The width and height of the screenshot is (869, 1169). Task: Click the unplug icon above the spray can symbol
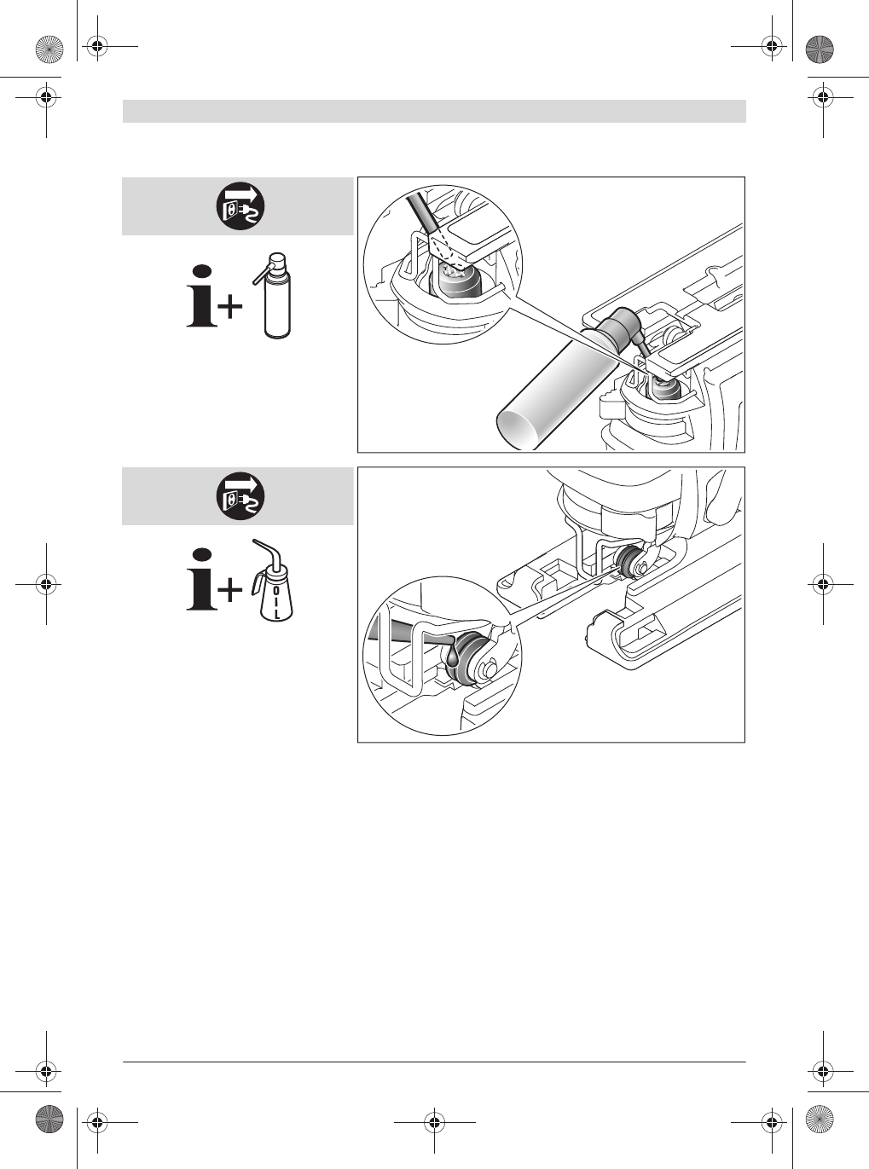238,206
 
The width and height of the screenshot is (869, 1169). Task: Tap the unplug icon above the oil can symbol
238,496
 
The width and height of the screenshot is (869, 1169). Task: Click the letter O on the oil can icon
275,588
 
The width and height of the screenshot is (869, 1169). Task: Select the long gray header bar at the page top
434,112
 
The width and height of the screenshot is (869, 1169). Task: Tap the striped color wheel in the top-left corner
50,50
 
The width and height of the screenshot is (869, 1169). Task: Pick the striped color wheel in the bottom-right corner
818,1118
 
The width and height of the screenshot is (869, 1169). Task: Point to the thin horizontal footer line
434,1062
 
